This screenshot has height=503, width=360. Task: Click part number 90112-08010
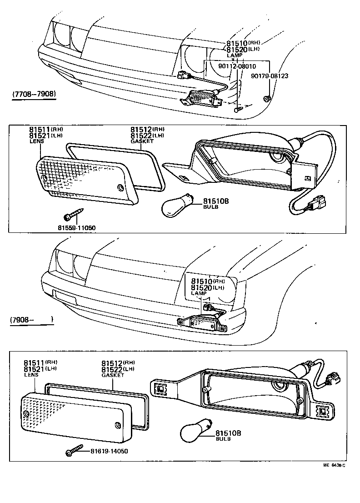point(237,66)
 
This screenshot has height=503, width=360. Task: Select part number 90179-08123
point(270,76)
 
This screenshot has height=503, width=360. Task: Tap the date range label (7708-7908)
point(34,95)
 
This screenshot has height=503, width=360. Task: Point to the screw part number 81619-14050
point(109,451)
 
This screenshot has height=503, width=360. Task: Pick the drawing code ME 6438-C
point(335,465)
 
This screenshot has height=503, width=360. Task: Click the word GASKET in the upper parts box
point(142,141)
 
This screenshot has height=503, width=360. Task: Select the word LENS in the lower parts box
point(30,375)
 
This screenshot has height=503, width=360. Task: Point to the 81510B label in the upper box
point(215,201)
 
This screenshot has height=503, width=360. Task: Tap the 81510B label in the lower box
point(228,433)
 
